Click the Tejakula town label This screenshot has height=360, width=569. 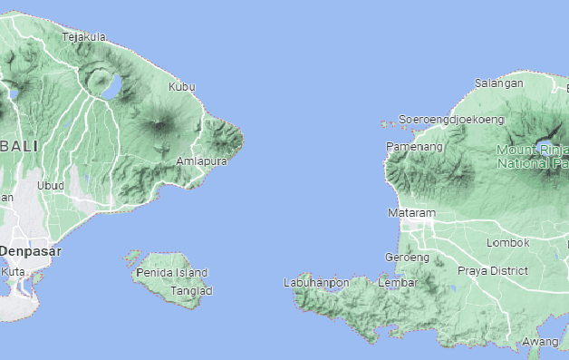tap(83, 37)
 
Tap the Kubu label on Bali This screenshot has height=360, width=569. tap(182, 87)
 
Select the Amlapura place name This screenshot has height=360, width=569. tap(199, 161)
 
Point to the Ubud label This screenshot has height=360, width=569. tap(51, 186)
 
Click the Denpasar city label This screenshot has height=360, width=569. tap(30, 249)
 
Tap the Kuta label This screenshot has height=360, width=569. tap(14, 271)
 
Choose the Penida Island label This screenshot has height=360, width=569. tap(171, 273)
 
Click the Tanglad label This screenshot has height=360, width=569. tap(191, 291)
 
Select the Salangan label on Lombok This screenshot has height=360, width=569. tap(499, 83)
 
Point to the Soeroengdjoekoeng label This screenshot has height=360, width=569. tap(451, 119)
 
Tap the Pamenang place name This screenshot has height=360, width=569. tap(414, 146)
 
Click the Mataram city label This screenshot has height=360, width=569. tap(411, 213)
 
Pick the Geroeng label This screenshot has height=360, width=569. tap(407, 258)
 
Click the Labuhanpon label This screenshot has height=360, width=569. tap(316, 283)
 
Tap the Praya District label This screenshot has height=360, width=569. tap(492, 270)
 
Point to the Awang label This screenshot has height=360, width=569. tap(540, 342)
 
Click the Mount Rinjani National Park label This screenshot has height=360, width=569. tap(533, 156)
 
